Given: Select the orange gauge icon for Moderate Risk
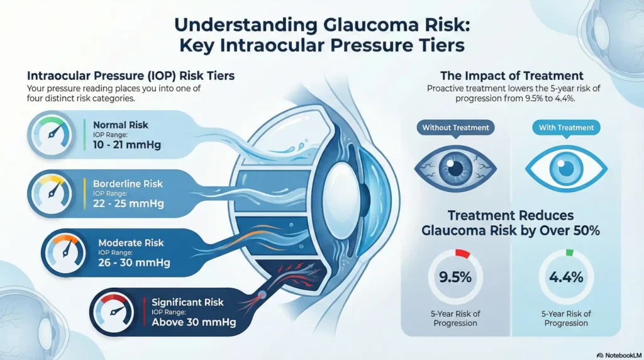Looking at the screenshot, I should pos(65,252).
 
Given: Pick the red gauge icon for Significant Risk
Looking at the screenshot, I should pos(116,311).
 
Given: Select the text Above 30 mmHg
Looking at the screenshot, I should pos(194,323).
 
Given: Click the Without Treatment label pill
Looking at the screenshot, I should pos(455,128).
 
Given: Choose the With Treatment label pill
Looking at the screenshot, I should pos(566,128).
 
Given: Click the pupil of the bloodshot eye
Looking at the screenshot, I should pos(456,167).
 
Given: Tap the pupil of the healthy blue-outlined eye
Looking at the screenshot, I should pos(566,167).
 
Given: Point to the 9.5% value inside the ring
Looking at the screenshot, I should pos(455,278).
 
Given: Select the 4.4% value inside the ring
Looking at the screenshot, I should pos(566,278).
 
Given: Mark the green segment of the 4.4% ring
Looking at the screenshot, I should pos(570,253).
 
